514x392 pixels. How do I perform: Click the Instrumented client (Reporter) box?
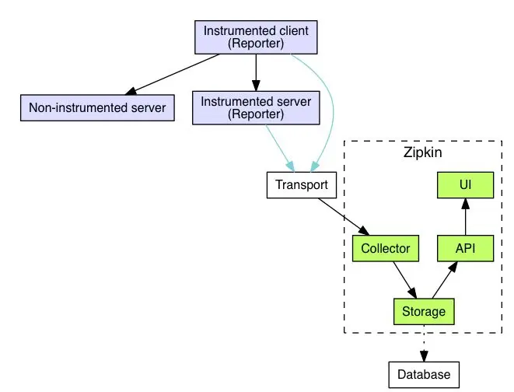(256, 37)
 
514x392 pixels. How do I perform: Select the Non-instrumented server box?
(97, 108)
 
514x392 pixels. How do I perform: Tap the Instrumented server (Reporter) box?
(256, 108)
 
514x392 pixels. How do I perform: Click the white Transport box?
(302, 185)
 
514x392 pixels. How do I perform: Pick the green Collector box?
(386, 248)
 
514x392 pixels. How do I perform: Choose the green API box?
(466, 248)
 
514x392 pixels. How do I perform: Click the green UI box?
(466, 185)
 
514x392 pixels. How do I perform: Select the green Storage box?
(424, 311)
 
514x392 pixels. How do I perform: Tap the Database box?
(424, 375)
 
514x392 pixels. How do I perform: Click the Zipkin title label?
(422, 152)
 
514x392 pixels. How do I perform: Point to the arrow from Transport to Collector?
(344, 217)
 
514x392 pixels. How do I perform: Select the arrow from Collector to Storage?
(405, 280)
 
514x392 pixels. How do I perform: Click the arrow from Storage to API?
(445, 280)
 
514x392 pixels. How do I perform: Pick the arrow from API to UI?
(466, 217)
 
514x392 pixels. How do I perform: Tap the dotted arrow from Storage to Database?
(424, 343)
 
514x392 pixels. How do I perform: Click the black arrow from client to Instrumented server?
(256, 72)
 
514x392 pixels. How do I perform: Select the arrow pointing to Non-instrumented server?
(173, 75)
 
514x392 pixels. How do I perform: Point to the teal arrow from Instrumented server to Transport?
(280, 148)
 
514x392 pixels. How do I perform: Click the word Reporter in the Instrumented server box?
(256, 114)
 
